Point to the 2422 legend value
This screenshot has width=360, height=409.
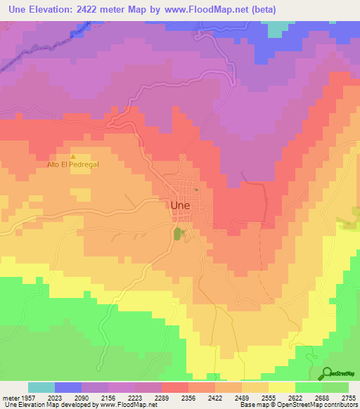228,397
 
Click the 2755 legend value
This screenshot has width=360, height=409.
348,397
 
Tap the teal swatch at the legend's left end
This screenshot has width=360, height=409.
41,387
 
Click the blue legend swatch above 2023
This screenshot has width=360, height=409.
68,387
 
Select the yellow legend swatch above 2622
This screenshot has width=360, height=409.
282,387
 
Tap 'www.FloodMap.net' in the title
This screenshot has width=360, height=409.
209,10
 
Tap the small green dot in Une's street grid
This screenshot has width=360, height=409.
197,189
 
